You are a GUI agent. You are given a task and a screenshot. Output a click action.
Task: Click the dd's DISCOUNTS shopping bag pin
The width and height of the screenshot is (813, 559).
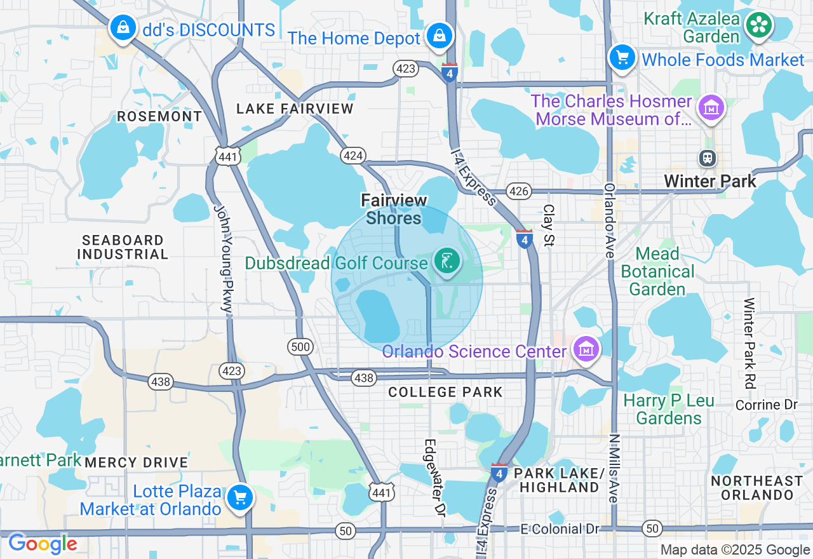click(x=123, y=28)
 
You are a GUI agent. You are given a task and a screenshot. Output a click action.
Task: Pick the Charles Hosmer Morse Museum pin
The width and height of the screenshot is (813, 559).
click(x=711, y=109)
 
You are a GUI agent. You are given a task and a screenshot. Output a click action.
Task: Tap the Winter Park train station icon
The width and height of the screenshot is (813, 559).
click(x=706, y=157)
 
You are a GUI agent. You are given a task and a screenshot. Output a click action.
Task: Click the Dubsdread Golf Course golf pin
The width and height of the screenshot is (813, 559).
click(x=447, y=261)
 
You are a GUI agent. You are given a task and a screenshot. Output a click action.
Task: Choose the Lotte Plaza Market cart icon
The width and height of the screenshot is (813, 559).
click(x=240, y=497)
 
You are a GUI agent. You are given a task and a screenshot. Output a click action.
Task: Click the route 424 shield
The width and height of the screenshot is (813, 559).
click(x=353, y=155)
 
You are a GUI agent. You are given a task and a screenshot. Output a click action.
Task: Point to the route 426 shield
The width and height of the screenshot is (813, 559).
click(x=519, y=191)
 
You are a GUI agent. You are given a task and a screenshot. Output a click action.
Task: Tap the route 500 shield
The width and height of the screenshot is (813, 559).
click(x=300, y=346)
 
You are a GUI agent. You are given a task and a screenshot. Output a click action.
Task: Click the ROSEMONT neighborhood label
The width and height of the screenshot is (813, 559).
click(x=159, y=117)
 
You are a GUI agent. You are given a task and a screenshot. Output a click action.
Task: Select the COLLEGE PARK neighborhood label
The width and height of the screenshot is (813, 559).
click(x=445, y=392)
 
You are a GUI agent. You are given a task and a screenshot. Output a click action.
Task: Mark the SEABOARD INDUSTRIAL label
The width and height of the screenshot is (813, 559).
click(x=123, y=247)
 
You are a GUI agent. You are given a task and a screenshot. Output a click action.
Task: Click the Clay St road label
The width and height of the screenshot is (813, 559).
click(x=549, y=226)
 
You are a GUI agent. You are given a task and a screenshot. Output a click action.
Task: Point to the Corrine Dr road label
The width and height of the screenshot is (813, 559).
click(x=766, y=405)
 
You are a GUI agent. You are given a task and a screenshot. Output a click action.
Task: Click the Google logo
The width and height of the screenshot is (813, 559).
click(x=43, y=544)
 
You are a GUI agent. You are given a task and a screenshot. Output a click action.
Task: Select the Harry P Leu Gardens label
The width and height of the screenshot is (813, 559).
click(x=669, y=410)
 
